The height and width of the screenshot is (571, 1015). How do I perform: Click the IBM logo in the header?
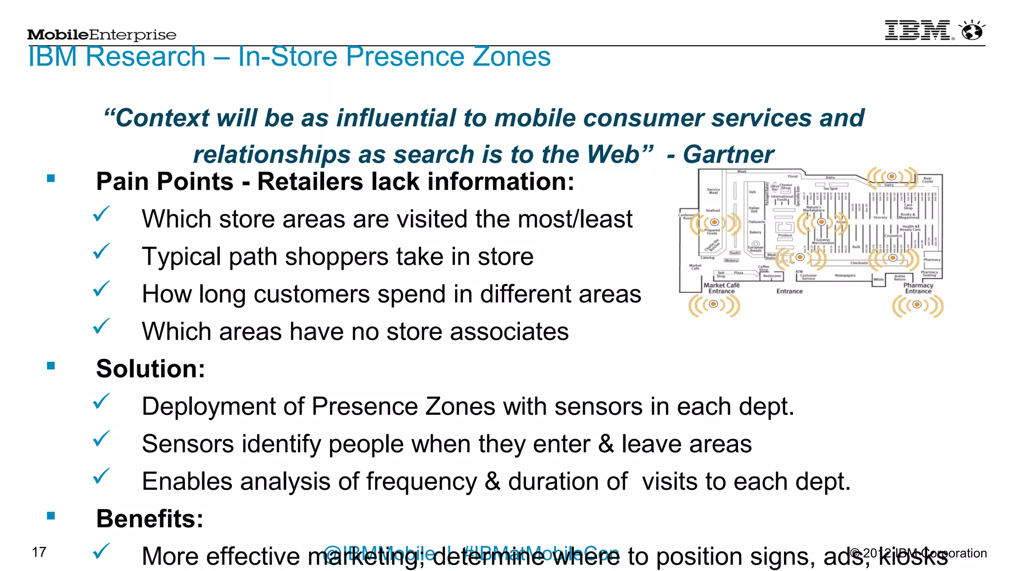click(917, 31)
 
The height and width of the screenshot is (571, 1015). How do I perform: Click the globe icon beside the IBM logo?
click(972, 31)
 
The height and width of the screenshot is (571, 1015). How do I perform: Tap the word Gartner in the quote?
click(728, 154)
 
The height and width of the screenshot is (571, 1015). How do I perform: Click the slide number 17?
click(39, 552)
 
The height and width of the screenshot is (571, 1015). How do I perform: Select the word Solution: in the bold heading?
click(151, 369)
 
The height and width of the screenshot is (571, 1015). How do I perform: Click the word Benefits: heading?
click(150, 519)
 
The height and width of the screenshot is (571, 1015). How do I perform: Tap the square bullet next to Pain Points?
click(51, 178)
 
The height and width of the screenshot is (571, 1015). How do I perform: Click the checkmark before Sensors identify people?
click(102, 439)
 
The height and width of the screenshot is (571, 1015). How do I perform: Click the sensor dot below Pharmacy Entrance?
click(917, 305)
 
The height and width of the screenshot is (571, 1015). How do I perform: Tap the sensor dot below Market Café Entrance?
click(714, 304)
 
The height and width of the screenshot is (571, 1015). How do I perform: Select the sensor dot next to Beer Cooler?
click(892, 176)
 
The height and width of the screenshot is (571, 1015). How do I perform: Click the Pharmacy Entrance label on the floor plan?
click(918, 288)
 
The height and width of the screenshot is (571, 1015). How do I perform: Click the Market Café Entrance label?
click(721, 288)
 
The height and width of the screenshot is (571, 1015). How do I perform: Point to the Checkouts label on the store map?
click(859, 263)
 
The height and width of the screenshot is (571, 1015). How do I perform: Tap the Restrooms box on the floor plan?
click(772, 276)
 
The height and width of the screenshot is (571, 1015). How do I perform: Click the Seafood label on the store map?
click(713, 211)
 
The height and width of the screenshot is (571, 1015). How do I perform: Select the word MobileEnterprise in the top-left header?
click(102, 35)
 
